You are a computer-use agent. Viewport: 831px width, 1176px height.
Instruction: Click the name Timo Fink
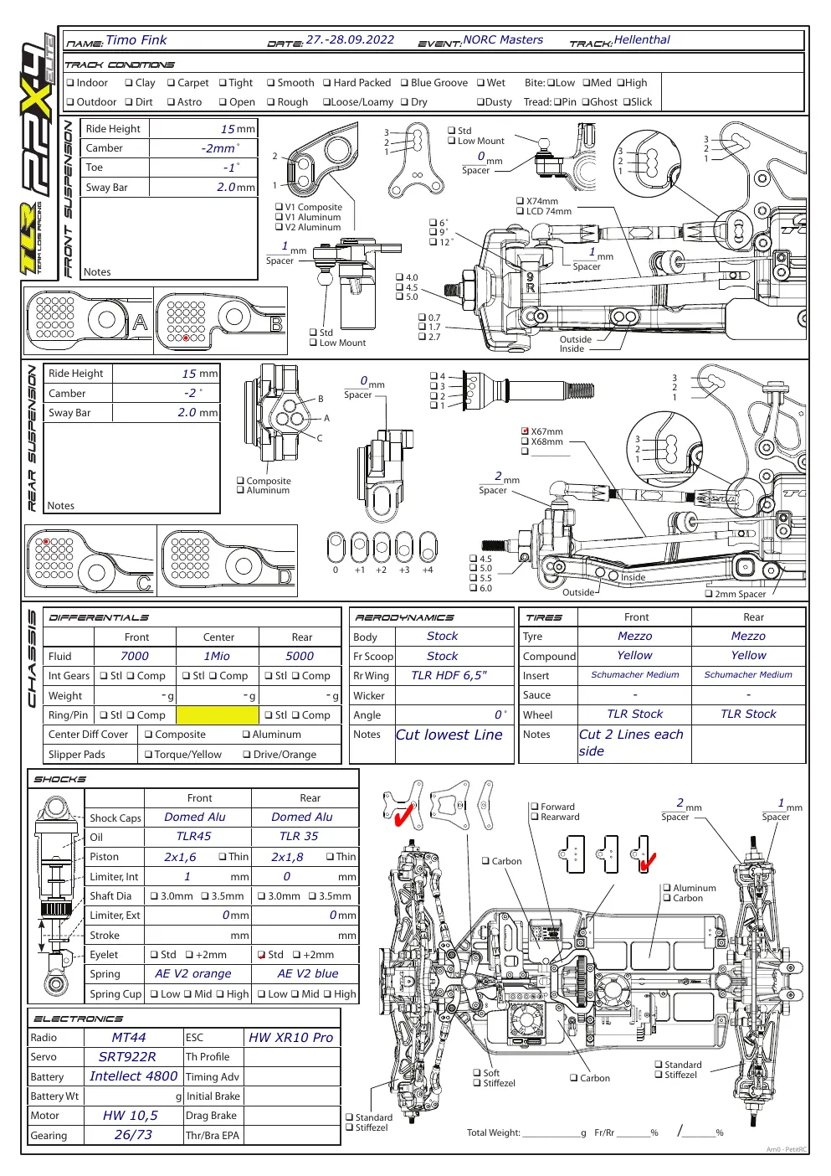point(136,40)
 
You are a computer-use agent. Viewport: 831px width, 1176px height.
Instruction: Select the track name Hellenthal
point(642,39)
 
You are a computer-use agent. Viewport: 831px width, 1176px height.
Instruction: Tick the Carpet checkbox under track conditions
point(171,83)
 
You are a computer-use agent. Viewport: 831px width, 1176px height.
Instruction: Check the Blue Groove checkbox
point(404,83)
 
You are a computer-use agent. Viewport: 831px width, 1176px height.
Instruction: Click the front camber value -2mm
point(218,148)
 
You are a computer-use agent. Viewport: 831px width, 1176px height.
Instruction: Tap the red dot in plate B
point(186,338)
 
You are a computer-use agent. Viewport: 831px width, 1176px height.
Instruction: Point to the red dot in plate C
point(46,541)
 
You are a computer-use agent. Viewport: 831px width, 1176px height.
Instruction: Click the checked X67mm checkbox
point(525,431)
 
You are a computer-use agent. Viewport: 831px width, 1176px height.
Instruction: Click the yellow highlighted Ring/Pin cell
point(218,715)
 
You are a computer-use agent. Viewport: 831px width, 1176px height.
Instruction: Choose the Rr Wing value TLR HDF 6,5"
point(449,676)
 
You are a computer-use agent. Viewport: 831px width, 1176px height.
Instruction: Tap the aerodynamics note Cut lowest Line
point(449,735)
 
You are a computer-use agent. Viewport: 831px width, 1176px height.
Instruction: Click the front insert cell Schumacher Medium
point(635,674)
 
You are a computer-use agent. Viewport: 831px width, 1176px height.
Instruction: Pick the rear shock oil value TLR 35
point(299,836)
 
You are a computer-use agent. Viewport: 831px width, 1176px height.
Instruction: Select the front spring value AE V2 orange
point(192,974)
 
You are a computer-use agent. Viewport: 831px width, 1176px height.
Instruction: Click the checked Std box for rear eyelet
point(261,955)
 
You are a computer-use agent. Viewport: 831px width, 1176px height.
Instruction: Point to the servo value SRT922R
point(127,1057)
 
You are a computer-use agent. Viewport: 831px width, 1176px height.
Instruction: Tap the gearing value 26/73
point(133,1135)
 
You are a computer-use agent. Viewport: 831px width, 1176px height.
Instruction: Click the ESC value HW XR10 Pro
point(290,1038)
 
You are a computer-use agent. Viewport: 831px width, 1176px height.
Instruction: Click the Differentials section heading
point(99,618)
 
